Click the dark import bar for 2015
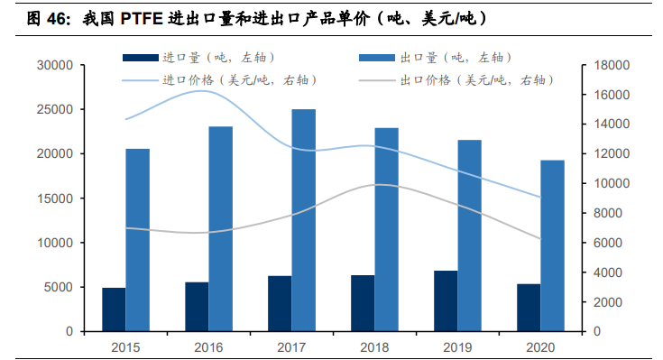[114, 309]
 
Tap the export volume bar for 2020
[552, 245]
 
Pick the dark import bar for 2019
[446, 301]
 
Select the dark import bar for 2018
[363, 303]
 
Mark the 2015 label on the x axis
[124, 346]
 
